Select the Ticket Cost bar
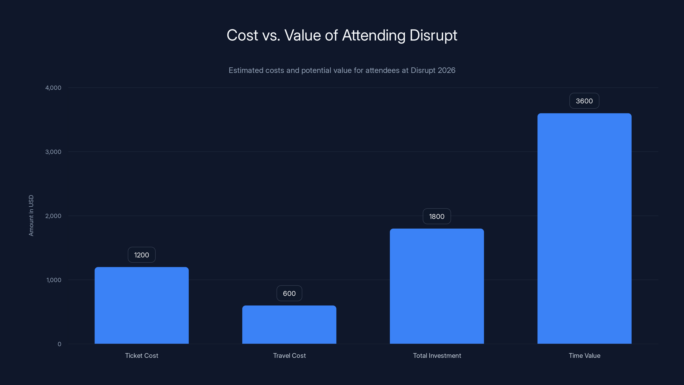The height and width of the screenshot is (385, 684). [x=142, y=306]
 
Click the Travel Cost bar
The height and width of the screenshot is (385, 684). [x=289, y=325]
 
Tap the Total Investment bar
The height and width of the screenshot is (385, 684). [x=437, y=286]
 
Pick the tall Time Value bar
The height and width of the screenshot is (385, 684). [x=584, y=228]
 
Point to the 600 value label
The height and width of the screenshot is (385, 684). [x=289, y=293]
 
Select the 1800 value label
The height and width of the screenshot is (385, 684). [x=437, y=216]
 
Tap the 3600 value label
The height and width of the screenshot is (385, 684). [x=584, y=101]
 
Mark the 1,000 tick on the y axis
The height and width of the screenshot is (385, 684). [x=54, y=280]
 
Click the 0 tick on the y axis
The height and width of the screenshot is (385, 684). [x=59, y=344]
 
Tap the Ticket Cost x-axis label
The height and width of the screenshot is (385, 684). [x=142, y=355]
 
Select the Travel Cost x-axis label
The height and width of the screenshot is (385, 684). [x=289, y=355]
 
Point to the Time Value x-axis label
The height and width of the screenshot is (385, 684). [x=584, y=355]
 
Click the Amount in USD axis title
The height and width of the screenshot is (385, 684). [x=31, y=215]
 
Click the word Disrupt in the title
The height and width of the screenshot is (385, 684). [x=433, y=35]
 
